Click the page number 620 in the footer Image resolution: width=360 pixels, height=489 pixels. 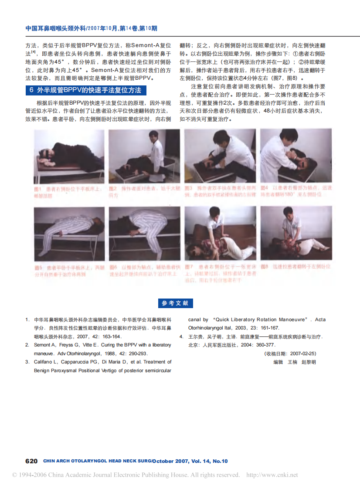click(x=31, y=461)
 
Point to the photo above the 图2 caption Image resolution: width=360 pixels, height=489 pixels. click(x=144, y=156)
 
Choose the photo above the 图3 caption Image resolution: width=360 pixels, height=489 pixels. click(x=220, y=156)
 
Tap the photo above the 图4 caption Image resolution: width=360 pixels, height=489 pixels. click(x=296, y=156)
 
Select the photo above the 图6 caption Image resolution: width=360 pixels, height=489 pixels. click(x=144, y=234)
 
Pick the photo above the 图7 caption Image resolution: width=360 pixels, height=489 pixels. click(x=220, y=234)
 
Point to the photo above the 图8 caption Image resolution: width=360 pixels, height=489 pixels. click(x=296, y=234)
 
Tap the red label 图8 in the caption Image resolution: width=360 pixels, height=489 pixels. click(x=264, y=266)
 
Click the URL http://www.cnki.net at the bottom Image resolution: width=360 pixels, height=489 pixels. click(x=272, y=475)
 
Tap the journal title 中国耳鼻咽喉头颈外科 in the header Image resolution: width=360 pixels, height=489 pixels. click(x=55, y=28)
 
